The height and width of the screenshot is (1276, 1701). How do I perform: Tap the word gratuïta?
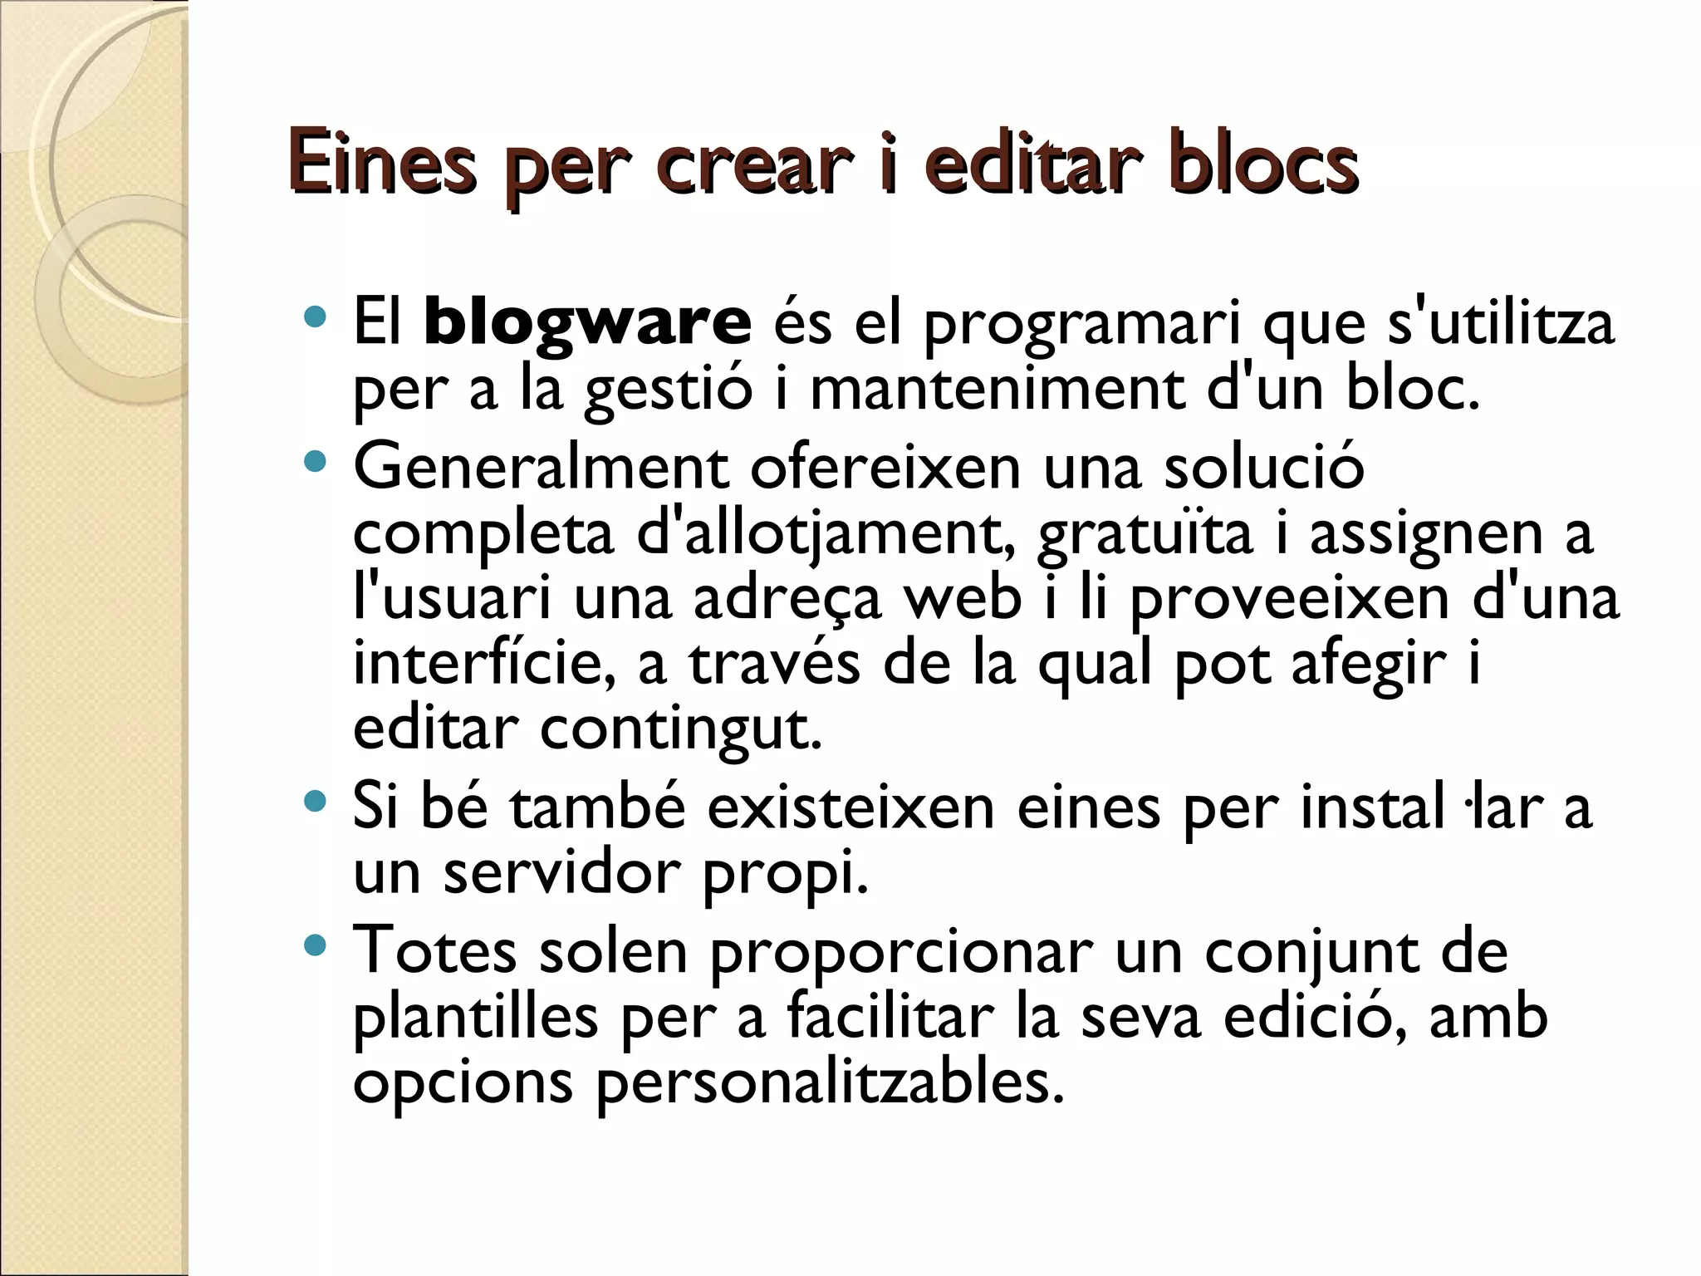[x=1145, y=535]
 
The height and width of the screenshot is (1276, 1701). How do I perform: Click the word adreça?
[x=787, y=600]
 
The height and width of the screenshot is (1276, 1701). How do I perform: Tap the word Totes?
[x=435, y=950]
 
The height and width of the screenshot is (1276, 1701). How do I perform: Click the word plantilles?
[x=476, y=1017]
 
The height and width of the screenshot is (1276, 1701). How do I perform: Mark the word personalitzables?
[x=830, y=1083]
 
